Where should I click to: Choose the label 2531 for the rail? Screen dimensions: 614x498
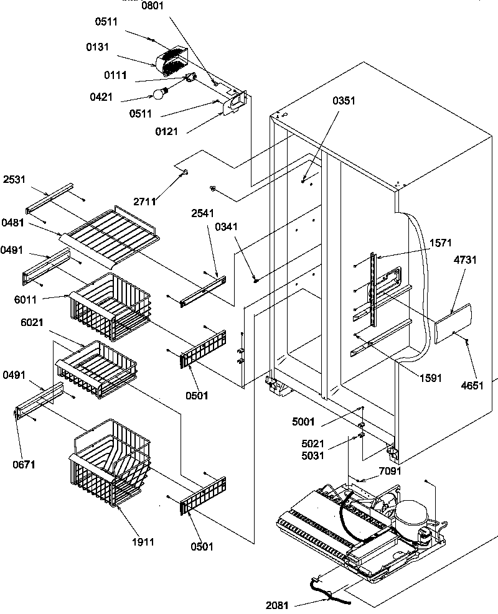(x=15, y=179)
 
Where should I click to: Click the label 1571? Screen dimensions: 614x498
(x=441, y=243)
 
